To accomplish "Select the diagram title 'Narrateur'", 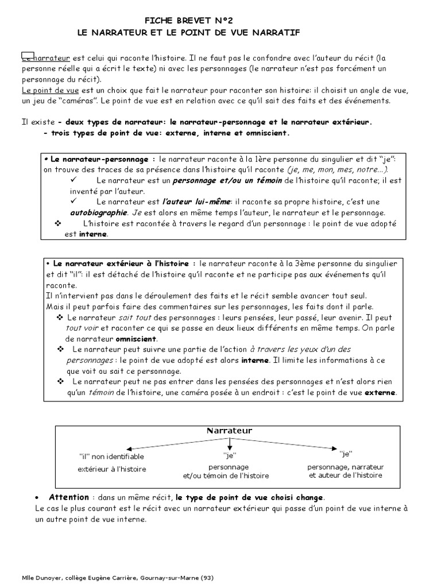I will point(229,430).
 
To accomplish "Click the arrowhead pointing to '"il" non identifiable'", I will point(129,448).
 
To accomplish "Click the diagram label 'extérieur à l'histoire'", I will point(112,469).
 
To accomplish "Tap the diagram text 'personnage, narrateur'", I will point(345,467).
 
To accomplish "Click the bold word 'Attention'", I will point(69,497).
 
